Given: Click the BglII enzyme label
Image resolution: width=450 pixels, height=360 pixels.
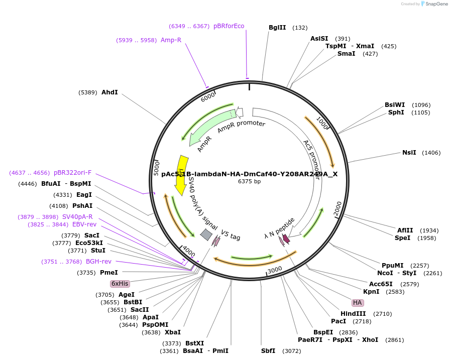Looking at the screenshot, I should (x=277, y=28).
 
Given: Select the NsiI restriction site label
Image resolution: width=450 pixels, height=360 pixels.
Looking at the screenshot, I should (x=409, y=153).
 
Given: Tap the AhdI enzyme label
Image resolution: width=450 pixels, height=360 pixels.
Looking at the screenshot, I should (x=109, y=92).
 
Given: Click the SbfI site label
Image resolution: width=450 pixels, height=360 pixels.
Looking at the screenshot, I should (x=268, y=351).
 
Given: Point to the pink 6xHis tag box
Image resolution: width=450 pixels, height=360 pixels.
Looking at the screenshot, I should (x=120, y=284).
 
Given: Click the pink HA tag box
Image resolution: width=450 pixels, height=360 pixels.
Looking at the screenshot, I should (x=357, y=303).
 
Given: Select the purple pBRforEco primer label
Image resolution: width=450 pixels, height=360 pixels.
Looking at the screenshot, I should (x=229, y=26).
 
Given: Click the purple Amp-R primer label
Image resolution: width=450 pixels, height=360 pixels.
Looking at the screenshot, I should (x=171, y=40).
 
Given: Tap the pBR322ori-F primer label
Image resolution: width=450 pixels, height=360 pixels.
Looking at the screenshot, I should (x=73, y=173).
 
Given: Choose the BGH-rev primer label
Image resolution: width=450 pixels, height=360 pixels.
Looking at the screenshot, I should (x=98, y=262).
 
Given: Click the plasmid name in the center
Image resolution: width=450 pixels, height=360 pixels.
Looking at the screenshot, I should (x=249, y=174).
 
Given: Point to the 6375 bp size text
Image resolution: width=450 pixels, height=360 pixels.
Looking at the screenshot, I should (x=249, y=182).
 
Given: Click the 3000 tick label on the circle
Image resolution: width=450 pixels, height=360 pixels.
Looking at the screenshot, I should (x=275, y=270).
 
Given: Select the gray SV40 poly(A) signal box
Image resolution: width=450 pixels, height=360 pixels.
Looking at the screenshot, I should (x=206, y=234).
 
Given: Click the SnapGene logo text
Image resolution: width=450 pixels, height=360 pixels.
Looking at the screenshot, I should (x=435, y=4).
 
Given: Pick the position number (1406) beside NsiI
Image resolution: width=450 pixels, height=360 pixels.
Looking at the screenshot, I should (x=431, y=153).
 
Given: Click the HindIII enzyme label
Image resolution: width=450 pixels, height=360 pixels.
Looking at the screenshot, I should (x=353, y=314).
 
